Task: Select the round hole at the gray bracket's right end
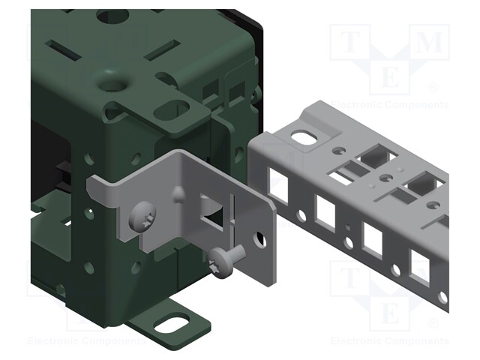coord(260,241)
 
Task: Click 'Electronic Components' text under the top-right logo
coord(389,104)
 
